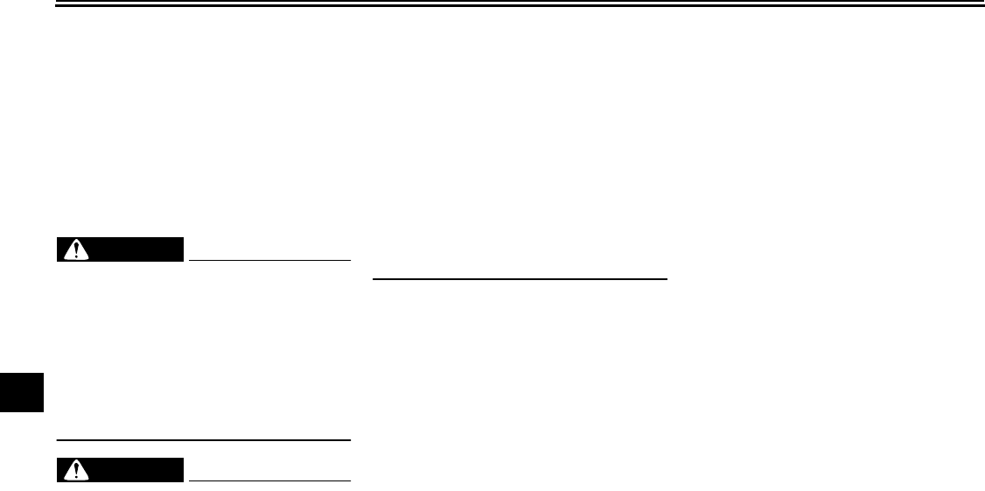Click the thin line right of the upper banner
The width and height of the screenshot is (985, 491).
click(x=269, y=260)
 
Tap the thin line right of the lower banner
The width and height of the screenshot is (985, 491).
click(x=269, y=480)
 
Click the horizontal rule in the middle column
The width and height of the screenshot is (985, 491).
click(x=520, y=279)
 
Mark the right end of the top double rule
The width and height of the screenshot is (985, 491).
click(x=982, y=5)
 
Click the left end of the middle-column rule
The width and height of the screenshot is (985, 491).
click(x=374, y=279)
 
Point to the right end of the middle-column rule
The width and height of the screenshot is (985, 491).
click(x=667, y=279)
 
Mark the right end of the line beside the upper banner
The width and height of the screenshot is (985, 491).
click(x=349, y=260)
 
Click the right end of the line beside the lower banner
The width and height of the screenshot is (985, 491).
click(x=349, y=480)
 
